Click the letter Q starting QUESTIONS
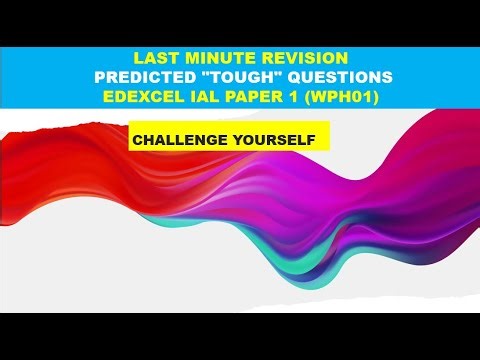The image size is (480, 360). (x=293, y=78)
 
